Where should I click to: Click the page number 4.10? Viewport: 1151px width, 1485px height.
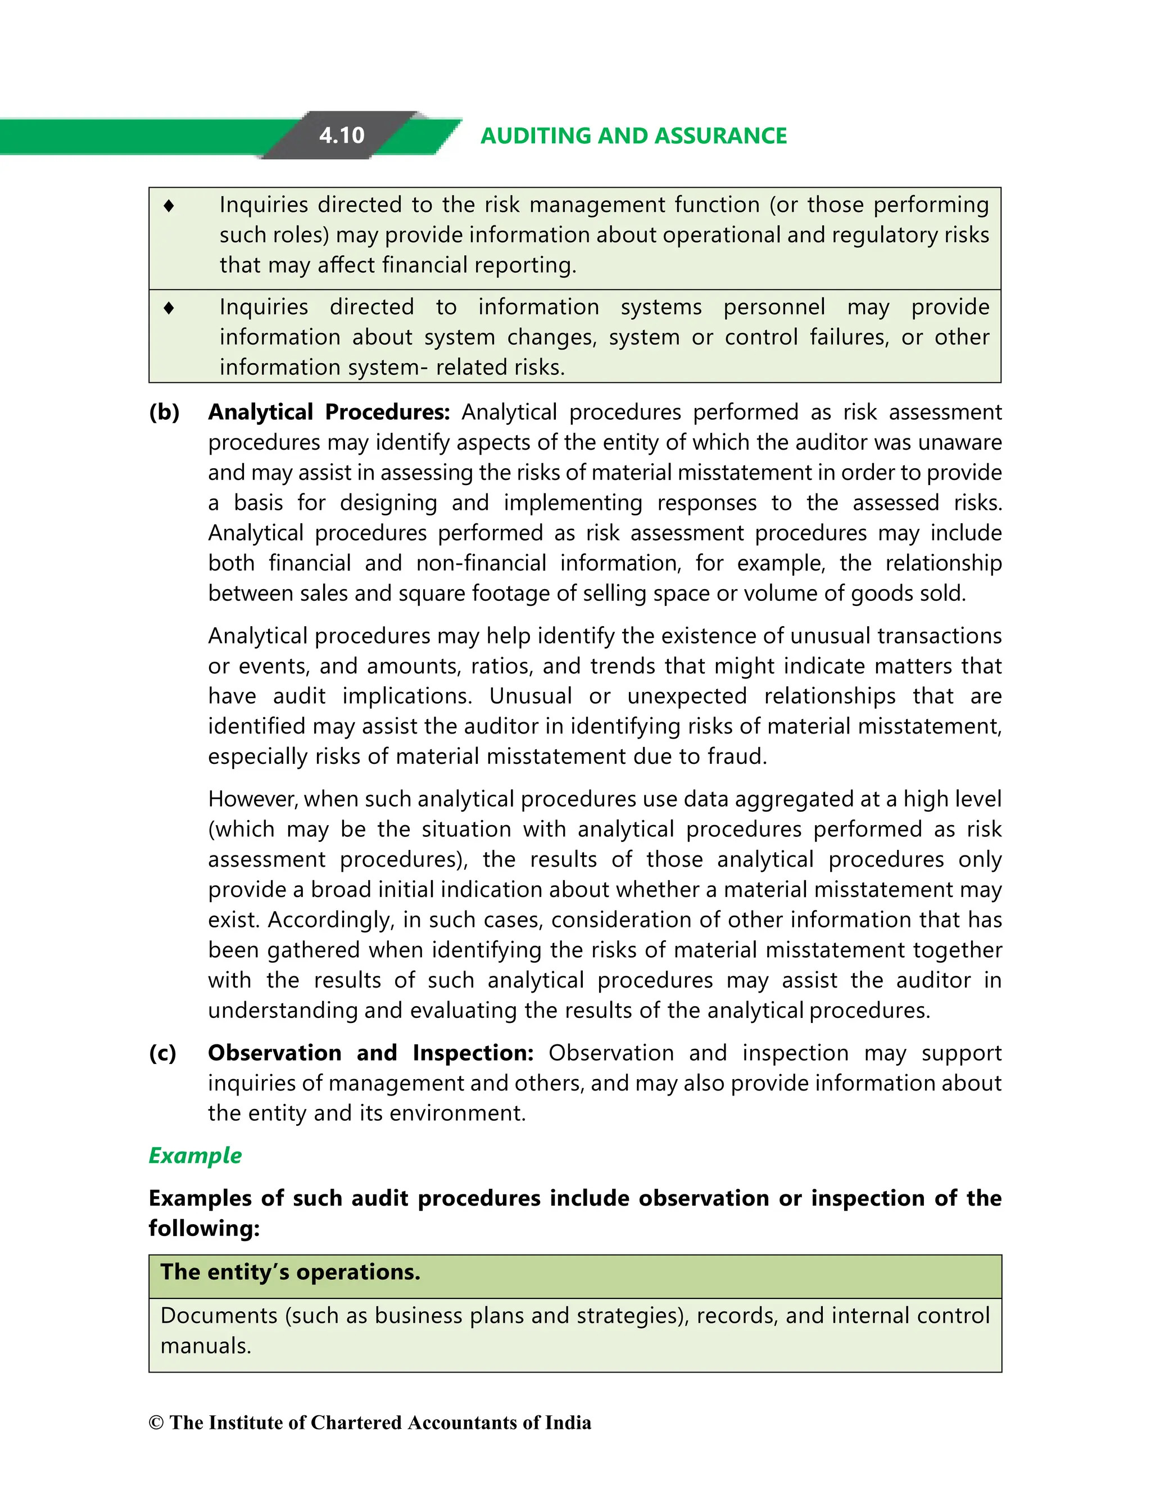tap(341, 135)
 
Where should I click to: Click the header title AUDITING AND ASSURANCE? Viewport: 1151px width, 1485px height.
tap(633, 136)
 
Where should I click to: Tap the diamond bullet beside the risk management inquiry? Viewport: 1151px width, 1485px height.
tap(169, 205)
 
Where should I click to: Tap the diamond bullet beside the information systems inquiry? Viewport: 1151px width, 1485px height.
tap(169, 308)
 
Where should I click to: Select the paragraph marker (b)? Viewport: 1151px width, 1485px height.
tap(164, 412)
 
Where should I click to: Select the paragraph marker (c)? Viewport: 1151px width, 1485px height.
tap(162, 1053)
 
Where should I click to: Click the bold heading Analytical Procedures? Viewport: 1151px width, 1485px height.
tap(328, 412)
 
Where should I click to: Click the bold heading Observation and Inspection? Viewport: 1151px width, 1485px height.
tap(370, 1053)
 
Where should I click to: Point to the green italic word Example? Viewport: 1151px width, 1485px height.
tap(195, 1155)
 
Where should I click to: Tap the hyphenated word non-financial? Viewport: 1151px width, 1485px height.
tap(481, 563)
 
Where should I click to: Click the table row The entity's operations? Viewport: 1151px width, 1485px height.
tap(291, 1272)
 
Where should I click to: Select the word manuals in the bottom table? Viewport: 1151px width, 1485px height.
tap(205, 1346)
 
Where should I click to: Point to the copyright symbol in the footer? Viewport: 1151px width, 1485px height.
tap(156, 1423)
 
